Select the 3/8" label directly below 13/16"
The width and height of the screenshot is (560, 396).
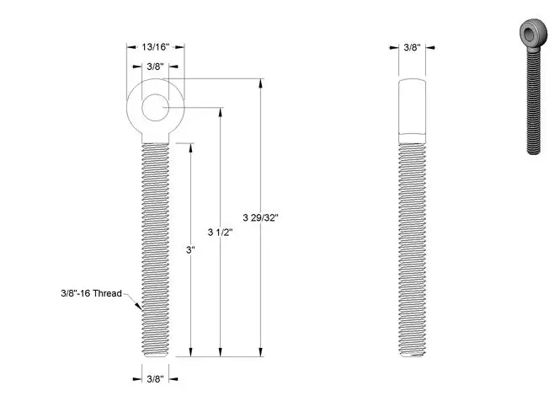coord(155,66)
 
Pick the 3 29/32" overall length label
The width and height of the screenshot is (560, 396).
coord(260,217)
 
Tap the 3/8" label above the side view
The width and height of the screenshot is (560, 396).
coord(412,48)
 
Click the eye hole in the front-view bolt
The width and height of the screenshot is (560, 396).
coord(155,108)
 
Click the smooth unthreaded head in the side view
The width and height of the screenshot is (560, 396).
coord(412,107)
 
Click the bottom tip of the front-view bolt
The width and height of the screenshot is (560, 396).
coord(155,355)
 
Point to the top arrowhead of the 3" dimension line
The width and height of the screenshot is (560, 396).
coord(190,146)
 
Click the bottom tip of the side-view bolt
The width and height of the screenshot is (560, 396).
coord(412,355)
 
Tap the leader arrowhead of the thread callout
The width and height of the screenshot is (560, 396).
coord(140,308)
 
